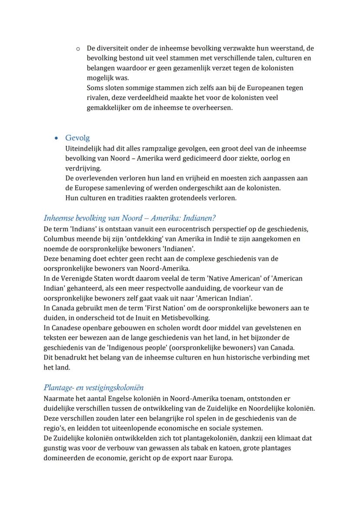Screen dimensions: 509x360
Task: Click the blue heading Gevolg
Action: [77, 138]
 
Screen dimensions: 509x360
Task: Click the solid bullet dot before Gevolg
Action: [56, 138]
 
